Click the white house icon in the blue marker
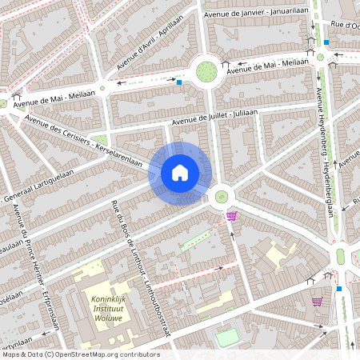click(x=180, y=172)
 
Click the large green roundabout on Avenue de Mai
click(x=207, y=70)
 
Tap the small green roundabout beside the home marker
click(x=220, y=196)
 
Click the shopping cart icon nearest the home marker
click(x=231, y=215)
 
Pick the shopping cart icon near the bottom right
click(x=317, y=302)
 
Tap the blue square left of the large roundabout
click(x=180, y=82)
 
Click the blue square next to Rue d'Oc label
click(x=326, y=42)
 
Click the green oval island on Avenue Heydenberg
click(x=340, y=256)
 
